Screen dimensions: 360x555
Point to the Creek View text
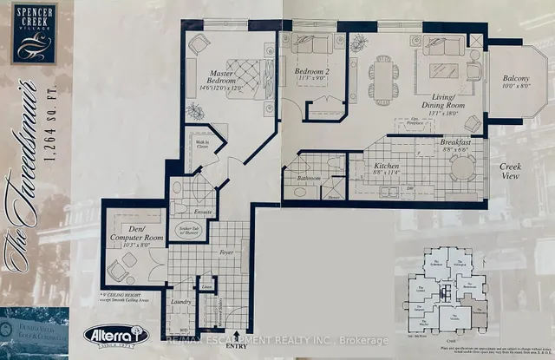pos(511,169)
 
